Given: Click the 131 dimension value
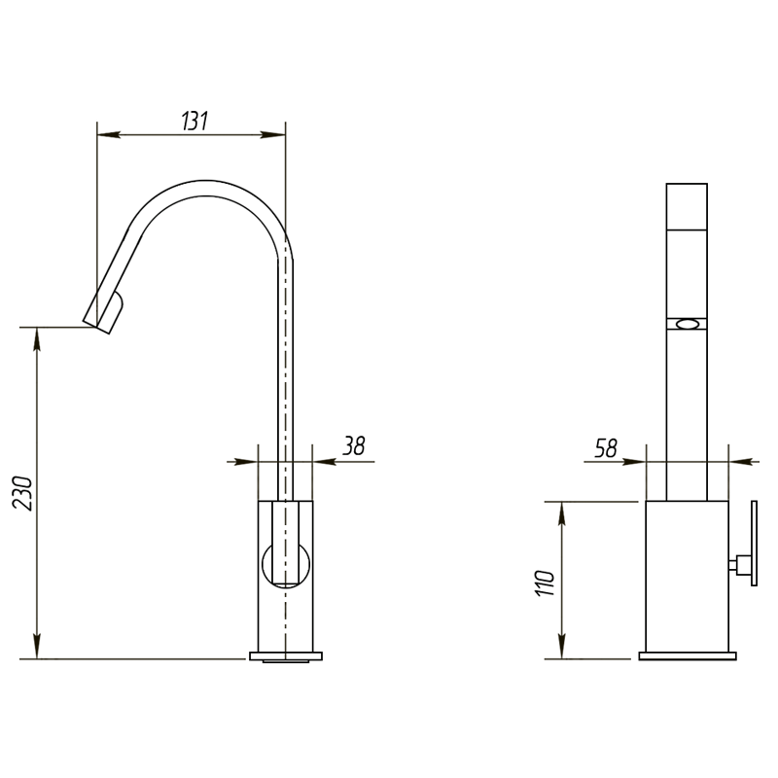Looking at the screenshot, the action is coord(194,121).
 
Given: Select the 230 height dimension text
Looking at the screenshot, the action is coord(22,493).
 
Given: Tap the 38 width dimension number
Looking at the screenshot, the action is coord(354,445).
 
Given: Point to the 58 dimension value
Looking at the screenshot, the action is coord(606,448).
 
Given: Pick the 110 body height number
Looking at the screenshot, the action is coord(545,583).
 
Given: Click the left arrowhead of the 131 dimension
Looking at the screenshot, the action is coord(109,134).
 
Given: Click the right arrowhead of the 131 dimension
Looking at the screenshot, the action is coord(273,134).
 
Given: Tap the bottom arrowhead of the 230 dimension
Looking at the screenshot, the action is coord(37,647).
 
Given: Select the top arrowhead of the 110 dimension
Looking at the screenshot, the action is coord(562,513).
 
